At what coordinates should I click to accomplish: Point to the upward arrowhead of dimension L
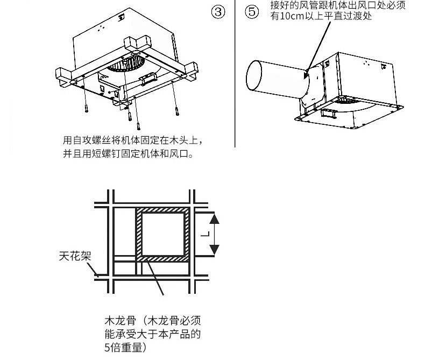coord(214,217)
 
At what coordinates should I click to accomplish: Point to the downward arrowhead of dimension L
coord(214,250)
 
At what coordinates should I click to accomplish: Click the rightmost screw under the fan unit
coord(177,111)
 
